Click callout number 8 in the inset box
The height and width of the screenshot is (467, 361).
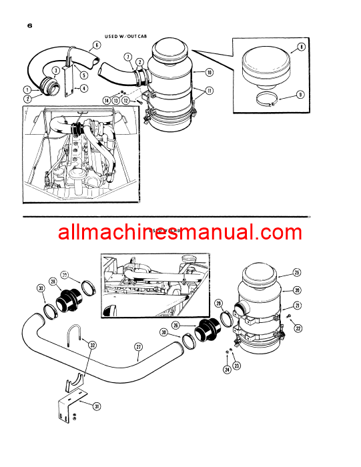(x=302, y=47)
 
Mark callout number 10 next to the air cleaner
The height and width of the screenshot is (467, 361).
(x=209, y=72)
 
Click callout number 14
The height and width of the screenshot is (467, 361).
(x=106, y=100)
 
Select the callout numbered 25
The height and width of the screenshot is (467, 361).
(x=297, y=273)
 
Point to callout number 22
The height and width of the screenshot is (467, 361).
(x=298, y=328)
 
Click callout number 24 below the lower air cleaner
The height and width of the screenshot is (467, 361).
(x=227, y=369)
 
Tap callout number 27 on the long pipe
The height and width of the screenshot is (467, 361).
(x=138, y=347)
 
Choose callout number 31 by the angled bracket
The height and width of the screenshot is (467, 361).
(x=97, y=406)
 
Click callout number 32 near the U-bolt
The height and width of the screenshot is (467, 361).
(x=93, y=345)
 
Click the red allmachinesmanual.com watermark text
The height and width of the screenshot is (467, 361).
(x=180, y=233)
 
